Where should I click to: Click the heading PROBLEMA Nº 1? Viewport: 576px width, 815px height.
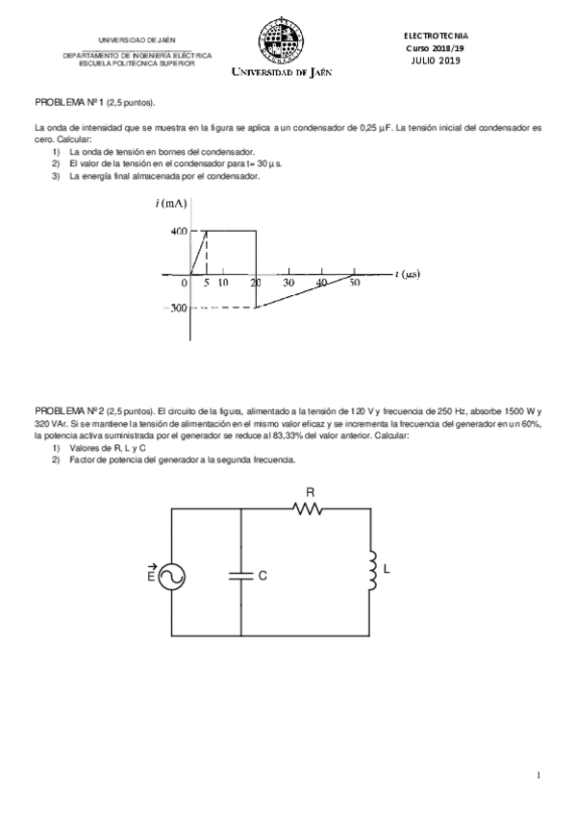pos(69,102)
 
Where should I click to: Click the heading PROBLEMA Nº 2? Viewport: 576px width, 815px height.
pos(69,407)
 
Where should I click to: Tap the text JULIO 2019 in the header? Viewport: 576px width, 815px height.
pos(436,61)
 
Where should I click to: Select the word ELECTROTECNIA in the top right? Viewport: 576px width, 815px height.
pos(436,36)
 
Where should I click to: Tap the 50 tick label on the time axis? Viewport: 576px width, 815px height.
pos(354,284)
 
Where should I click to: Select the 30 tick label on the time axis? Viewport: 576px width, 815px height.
pos(288,284)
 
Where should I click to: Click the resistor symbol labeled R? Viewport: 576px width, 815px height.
pos(310,508)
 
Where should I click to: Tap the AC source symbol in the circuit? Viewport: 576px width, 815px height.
pos(169,575)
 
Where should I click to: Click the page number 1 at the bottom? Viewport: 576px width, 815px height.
pos(539,775)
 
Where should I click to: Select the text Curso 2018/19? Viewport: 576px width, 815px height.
pos(436,48)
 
